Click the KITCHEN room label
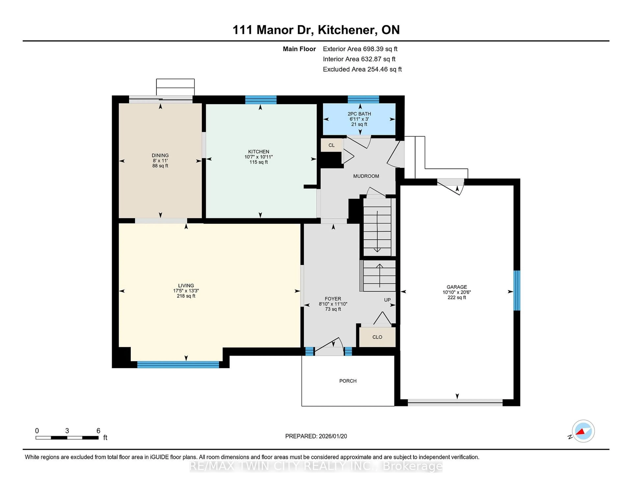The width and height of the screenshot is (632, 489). pos(258,152)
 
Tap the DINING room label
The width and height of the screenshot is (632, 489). pos(160,155)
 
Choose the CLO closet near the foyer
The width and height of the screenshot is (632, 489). pos(377,337)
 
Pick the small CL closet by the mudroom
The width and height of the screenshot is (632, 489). pos(331,145)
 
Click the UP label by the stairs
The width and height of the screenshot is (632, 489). pos(387,300)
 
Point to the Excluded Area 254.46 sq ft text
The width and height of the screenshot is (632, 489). pos(362,69)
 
